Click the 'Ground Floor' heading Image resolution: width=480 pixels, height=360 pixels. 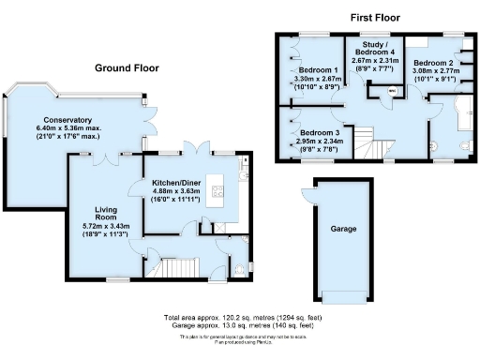tap(126, 67)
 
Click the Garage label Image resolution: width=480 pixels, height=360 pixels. tap(342, 228)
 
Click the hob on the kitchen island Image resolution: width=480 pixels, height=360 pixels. tap(217, 193)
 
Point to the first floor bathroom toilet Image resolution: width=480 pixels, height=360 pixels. tap(466, 146)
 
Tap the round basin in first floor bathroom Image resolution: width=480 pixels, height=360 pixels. tap(436, 147)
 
